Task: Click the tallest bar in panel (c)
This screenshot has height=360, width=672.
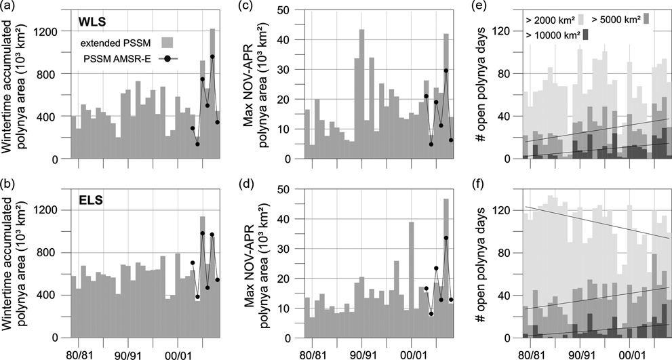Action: [361, 95]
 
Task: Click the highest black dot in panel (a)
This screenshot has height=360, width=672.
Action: [212, 57]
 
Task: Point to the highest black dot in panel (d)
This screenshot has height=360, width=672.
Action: [446, 238]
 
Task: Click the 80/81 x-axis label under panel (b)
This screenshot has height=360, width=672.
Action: [80, 353]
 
